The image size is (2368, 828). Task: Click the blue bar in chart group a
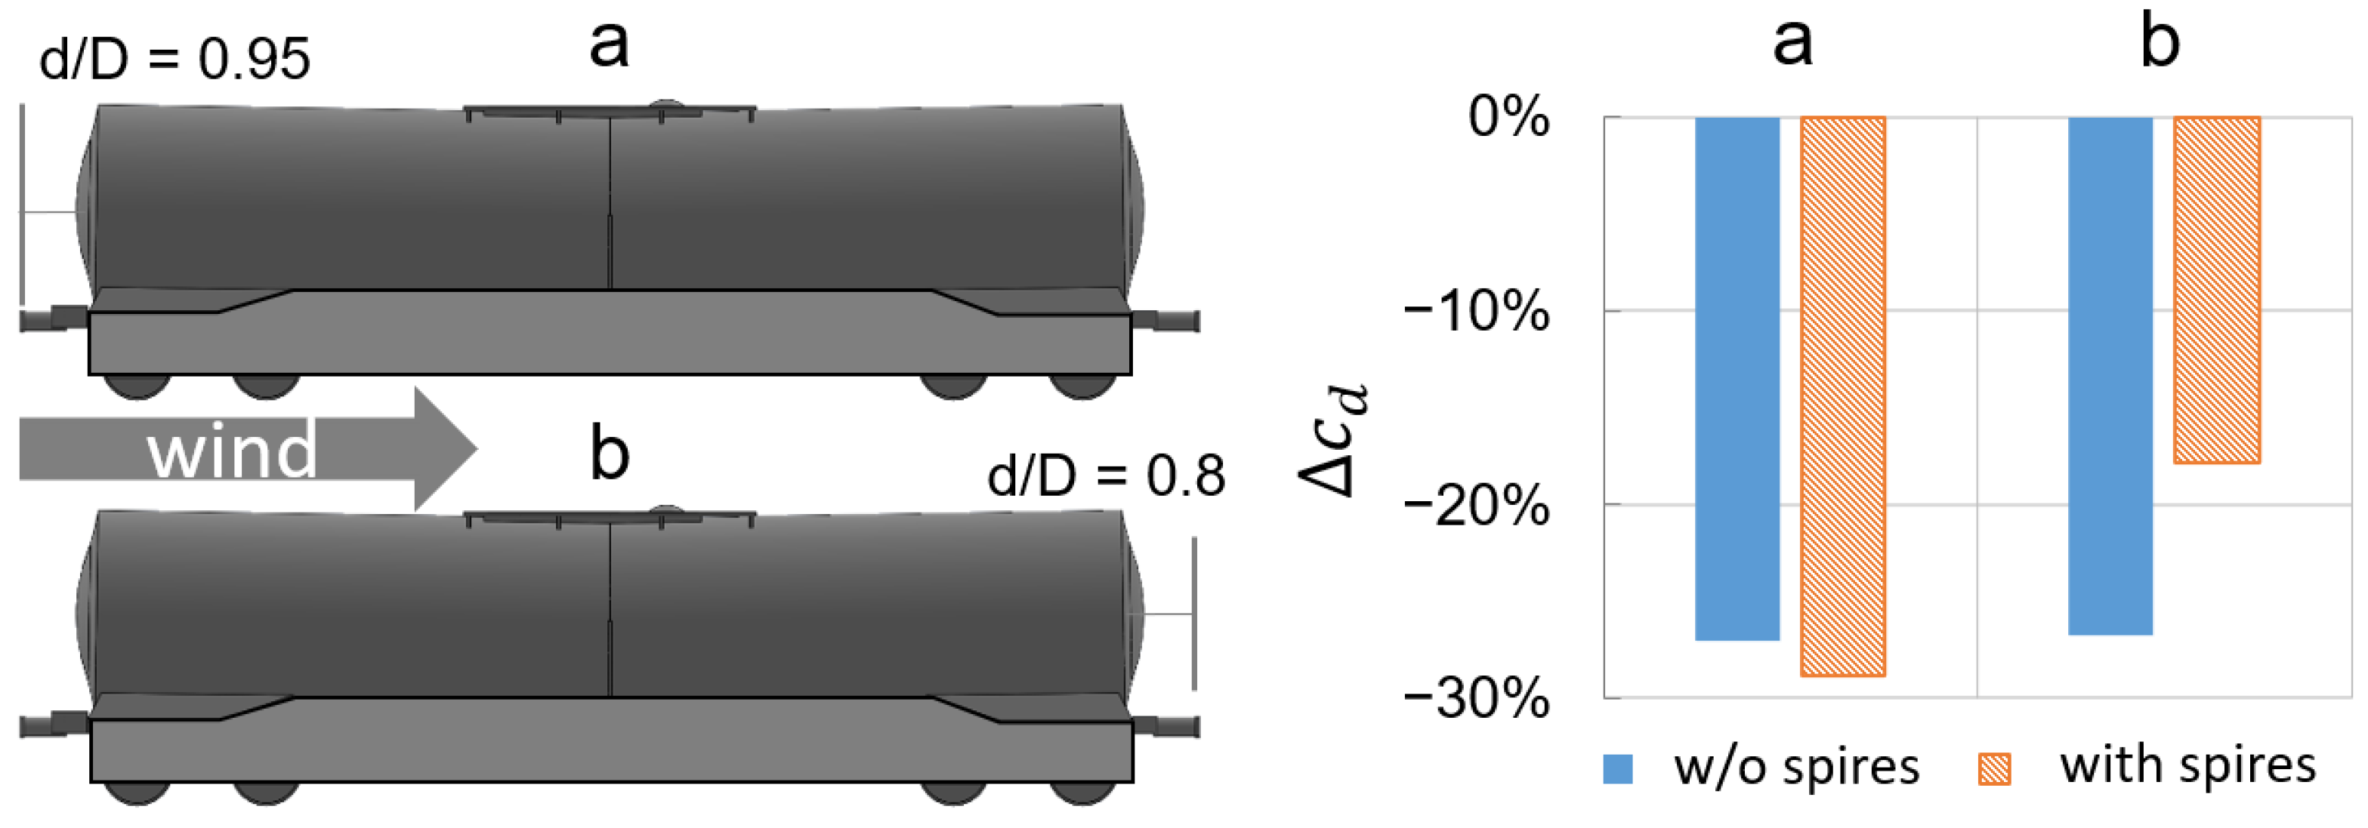click(1737, 377)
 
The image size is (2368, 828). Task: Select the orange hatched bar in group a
click(1842, 396)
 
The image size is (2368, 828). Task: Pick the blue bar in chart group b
click(2110, 375)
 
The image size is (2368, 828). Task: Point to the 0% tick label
click(1508, 117)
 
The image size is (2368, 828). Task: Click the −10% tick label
click(1477, 312)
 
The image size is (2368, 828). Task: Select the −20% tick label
click(1477, 506)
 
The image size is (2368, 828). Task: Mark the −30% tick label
click(1477, 698)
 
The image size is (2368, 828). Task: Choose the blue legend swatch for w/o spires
click(1618, 768)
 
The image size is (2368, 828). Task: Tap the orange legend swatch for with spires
click(1994, 768)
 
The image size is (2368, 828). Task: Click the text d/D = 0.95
click(174, 60)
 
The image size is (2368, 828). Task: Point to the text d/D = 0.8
click(1106, 476)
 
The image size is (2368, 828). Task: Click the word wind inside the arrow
click(232, 451)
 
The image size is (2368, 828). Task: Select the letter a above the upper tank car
click(609, 43)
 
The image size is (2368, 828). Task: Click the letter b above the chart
click(2160, 42)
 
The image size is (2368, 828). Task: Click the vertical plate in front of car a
click(22, 204)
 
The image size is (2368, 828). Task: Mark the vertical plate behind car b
click(1194, 613)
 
